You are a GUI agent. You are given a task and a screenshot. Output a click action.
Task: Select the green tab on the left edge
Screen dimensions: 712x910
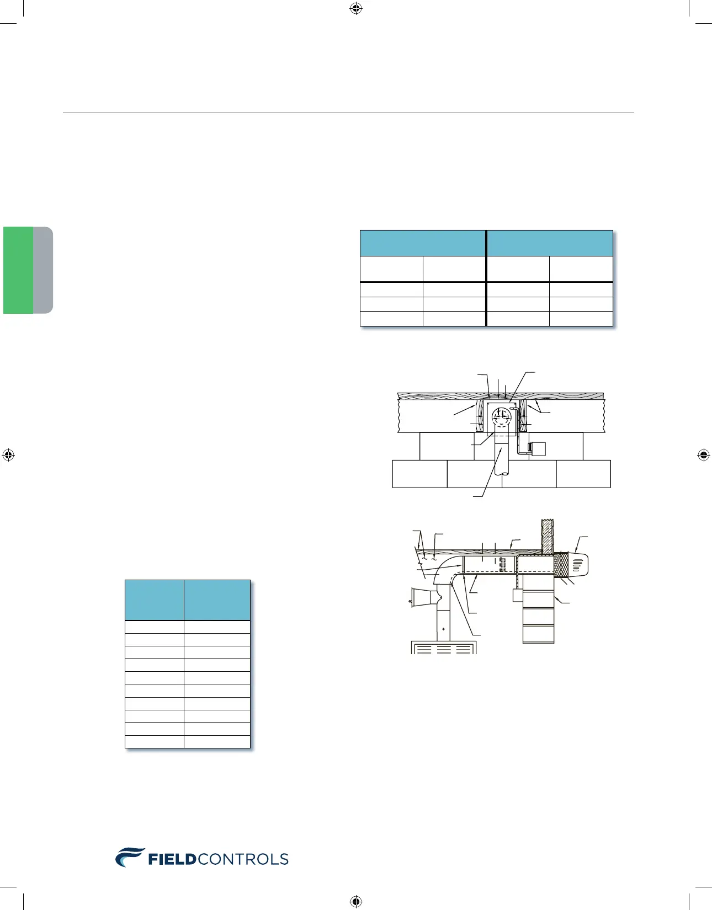pyautogui.click(x=18, y=270)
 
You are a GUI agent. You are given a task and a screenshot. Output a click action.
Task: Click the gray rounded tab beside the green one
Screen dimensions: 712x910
pyautogui.click(x=43, y=270)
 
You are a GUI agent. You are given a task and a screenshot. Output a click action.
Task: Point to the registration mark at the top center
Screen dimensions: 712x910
pyautogui.click(x=356, y=8)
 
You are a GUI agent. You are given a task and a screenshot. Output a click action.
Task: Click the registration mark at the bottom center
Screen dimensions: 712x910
pyautogui.click(x=356, y=901)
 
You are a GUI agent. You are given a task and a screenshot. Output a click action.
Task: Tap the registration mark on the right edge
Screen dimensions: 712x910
pyautogui.click(x=704, y=455)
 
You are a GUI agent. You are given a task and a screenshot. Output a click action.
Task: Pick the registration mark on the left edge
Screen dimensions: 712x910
pyautogui.click(x=8, y=455)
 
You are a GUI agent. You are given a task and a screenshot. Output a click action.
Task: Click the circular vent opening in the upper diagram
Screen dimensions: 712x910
pyautogui.click(x=501, y=417)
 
